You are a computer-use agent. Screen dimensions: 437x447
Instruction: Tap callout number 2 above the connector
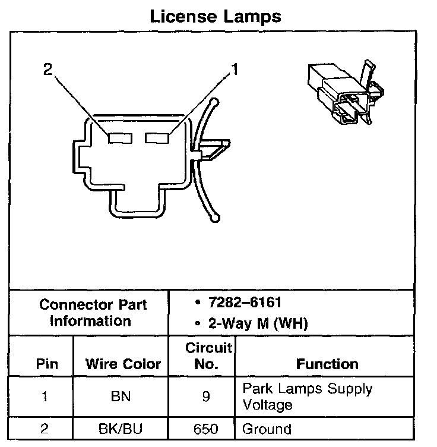point(47,71)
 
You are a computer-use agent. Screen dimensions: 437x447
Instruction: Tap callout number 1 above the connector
point(235,71)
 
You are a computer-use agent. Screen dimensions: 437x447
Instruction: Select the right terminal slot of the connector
point(157,137)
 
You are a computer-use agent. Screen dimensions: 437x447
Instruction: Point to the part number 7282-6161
point(245,303)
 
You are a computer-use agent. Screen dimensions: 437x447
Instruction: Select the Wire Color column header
point(123,363)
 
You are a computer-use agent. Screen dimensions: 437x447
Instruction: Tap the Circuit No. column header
point(206,355)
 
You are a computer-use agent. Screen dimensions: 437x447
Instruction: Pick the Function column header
point(327,363)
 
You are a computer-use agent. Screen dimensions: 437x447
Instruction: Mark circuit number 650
point(205,429)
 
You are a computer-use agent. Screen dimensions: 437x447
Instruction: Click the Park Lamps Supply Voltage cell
point(308,396)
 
